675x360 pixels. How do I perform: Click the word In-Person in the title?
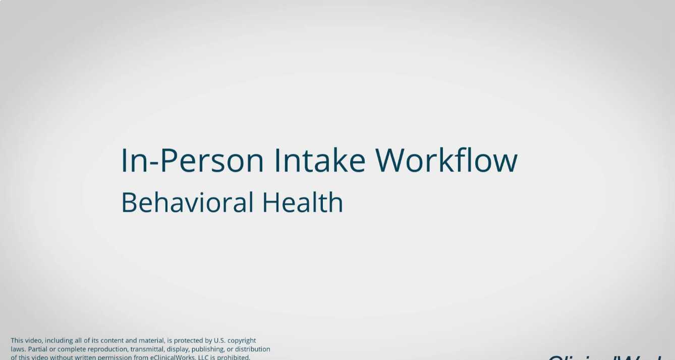[192, 160]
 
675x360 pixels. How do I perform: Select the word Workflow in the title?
[446, 160]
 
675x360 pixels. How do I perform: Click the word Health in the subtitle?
[303, 202]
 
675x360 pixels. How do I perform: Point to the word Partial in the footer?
[37, 349]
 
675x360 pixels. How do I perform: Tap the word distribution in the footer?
[252, 349]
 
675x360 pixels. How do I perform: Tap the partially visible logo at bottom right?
[605, 356]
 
